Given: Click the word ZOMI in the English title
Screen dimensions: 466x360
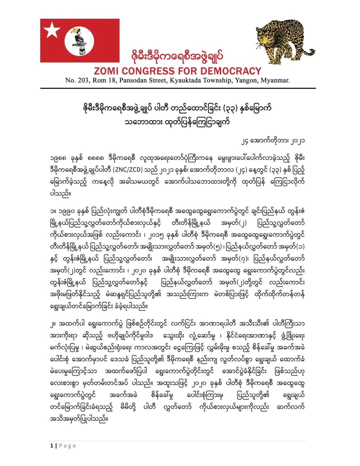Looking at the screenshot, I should (106, 71).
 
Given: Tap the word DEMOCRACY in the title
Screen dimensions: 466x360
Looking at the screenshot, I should (231, 71).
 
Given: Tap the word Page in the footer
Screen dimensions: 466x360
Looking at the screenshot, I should (67, 446).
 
